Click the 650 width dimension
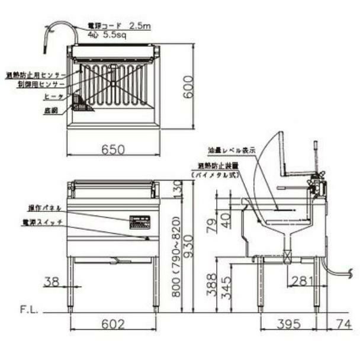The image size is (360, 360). point(113,150)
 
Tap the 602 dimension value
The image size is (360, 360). point(113,324)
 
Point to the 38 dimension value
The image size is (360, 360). point(53,282)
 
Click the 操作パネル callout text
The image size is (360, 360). point(45,208)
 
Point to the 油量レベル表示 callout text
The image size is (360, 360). point(232,150)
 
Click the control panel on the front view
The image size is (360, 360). point(141,221)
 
